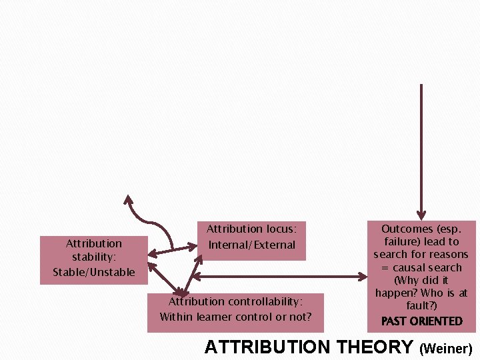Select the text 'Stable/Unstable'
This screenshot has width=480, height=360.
tap(93, 271)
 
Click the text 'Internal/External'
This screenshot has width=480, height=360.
tap(252, 245)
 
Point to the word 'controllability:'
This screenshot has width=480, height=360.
tap(263, 301)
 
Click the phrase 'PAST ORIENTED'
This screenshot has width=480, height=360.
tap(421, 321)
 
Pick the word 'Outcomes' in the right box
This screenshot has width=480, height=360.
tap(407, 229)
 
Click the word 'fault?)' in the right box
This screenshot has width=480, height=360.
tap(421, 305)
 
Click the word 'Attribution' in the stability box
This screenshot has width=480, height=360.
tap(93, 243)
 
